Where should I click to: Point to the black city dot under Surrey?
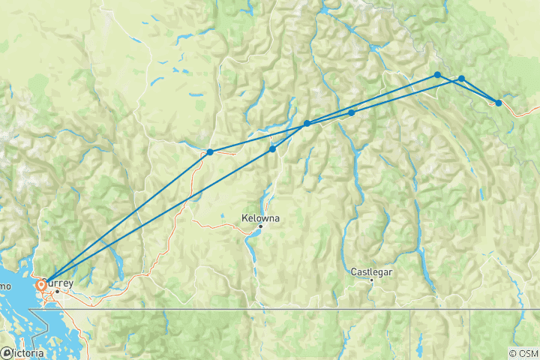[57, 291]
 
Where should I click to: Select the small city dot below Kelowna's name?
[261, 226]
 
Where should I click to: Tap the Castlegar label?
[371, 271]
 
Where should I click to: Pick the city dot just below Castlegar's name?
[371, 280]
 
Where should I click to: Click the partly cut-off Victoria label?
[27, 352]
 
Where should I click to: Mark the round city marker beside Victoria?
[6, 352]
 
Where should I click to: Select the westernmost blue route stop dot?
[210, 152]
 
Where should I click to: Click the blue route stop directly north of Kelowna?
[272, 149]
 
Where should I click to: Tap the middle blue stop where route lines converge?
[307, 123]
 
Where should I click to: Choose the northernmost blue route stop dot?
[437, 75]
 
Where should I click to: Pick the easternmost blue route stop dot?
[499, 103]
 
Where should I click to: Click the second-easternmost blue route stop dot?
[462, 79]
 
